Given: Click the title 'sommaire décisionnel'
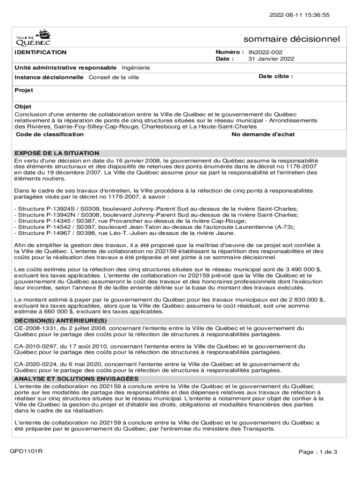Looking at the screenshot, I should [292, 39].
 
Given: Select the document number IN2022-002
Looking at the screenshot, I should [265, 52].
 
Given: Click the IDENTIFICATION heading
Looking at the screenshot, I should [40, 52].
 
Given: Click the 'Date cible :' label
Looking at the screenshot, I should [276, 76].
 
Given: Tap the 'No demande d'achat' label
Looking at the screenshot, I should [263, 135].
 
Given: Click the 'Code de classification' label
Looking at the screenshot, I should [50, 135].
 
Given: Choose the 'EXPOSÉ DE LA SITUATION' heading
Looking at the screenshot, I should [57, 153].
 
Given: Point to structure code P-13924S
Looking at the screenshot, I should [54, 209].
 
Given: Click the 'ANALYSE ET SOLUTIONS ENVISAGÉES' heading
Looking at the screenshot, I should [76, 378].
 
